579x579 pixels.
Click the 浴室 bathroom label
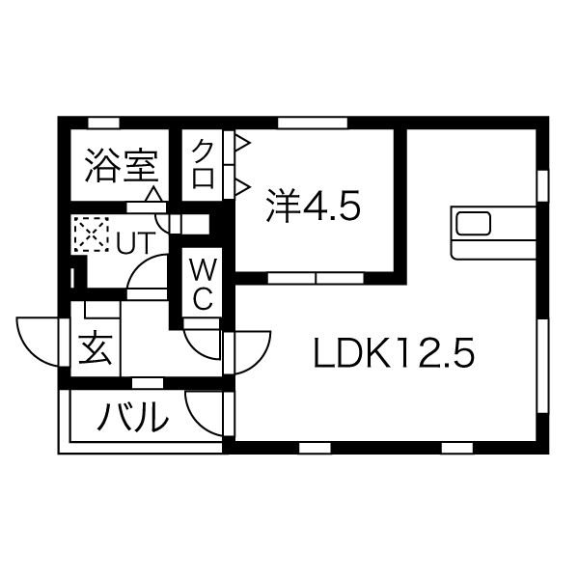click(121, 165)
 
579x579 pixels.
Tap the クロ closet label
click(204, 166)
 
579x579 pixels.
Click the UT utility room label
click(133, 242)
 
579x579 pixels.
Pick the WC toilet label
click(202, 282)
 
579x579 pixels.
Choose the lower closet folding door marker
click(241, 184)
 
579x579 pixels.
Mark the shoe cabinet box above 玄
click(99, 311)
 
